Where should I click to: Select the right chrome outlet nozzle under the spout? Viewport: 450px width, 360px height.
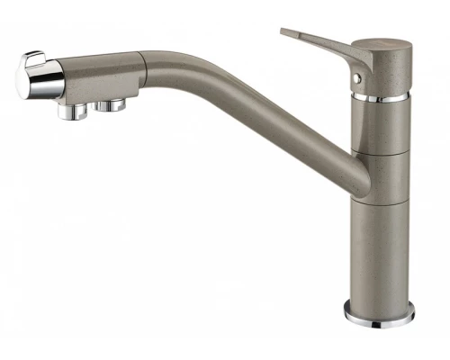112,106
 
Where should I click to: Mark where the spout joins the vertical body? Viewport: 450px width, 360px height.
356,176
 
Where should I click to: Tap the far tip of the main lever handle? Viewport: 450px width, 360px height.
285,33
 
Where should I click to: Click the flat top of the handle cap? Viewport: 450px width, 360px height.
382,42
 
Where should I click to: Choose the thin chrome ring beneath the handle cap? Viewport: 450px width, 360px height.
382,95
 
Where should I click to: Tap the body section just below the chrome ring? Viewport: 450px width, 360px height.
382,121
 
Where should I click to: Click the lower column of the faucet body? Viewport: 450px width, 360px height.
380,252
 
